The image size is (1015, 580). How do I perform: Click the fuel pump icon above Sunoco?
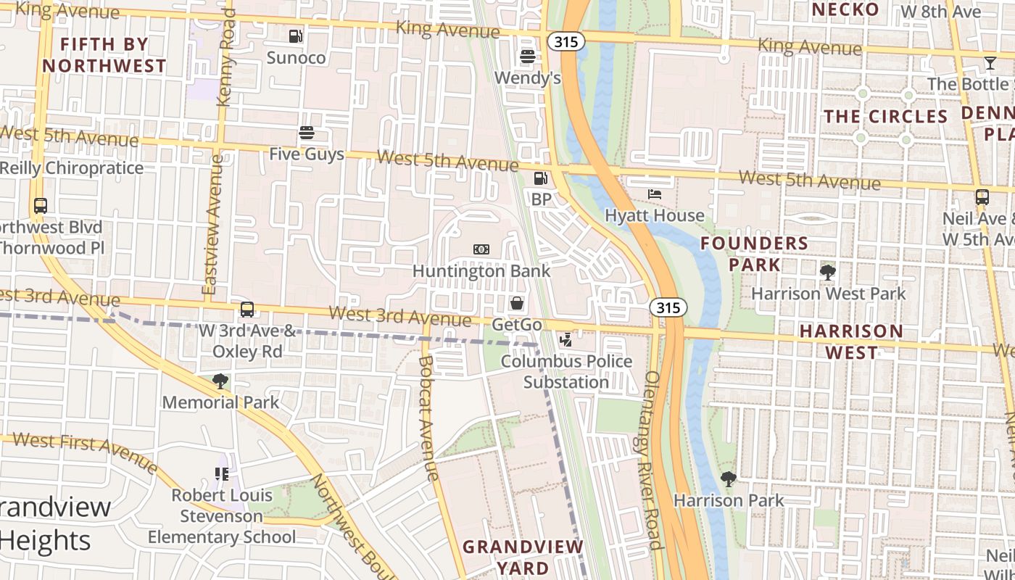pyautogui.click(x=295, y=36)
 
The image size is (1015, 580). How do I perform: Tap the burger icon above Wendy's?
pyautogui.click(x=528, y=56)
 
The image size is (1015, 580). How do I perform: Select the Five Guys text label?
pyautogui.click(x=307, y=154)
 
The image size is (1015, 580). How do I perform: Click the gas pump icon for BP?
pyautogui.click(x=541, y=178)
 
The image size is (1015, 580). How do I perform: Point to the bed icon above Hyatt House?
pyautogui.click(x=655, y=194)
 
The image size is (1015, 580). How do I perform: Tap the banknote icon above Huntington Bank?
pyautogui.click(x=481, y=249)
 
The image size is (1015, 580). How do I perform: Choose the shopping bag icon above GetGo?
pyautogui.click(x=517, y=303)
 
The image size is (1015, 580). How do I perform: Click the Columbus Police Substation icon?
pyautogui.click(x=566, y=339)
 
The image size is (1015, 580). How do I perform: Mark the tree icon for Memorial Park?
pyautogui.click(x=220, y=381)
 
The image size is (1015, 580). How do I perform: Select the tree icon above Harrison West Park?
pyautogui.click(x=827, y=273)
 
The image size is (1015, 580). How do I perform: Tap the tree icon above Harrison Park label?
pyautogui.click(x=729, y=479)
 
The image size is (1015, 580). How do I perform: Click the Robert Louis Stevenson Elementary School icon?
pyautogui.click(x=222, y=474)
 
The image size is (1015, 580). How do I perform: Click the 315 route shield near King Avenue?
pyautogui.click(x=566, y=42)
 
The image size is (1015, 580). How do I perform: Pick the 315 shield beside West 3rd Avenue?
pyautogui.click(x=668, y=307)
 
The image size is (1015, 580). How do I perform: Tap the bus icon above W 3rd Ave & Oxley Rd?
pyautogui.click(x=247, y=310)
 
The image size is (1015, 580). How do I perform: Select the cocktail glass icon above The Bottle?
pyautogui.click(x=990, y=63)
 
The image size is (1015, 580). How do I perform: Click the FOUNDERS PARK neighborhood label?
pyautogui.click(x=755, y=254)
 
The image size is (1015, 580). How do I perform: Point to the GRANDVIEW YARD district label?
pyautogui.click(x=523, y=557)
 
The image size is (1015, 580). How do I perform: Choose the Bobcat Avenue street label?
pyautogui.click(x=428, y=418)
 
